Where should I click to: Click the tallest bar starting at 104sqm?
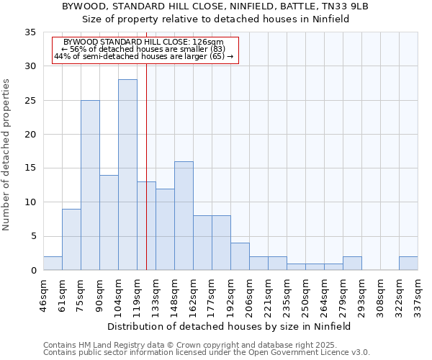(x=127, y=175)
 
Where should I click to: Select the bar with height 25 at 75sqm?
(x=90, y=185)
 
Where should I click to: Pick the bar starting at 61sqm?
(x=71, y=240)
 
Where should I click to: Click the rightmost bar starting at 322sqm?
(x=408, y=264)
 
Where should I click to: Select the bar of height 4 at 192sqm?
(x=240, y=256)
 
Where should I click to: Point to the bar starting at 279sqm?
(x=352, y=264)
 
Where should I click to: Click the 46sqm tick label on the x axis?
(x=44, y=294)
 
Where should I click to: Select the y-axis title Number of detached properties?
(x=7, y=155)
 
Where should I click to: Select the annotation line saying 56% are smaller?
(x=143, y=49)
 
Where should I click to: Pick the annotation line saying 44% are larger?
(x=143, y=56)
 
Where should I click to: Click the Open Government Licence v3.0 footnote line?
(x=207, y=353)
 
